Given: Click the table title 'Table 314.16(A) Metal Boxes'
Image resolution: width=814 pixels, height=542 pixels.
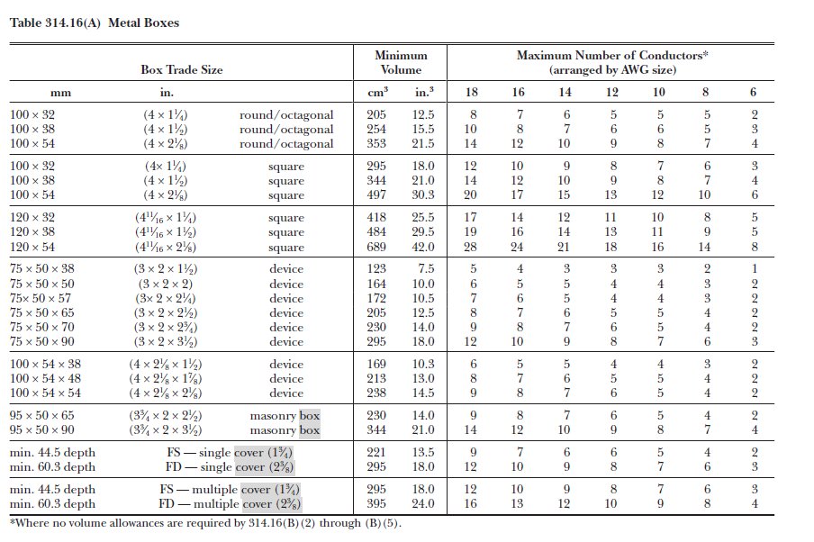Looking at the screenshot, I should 94,23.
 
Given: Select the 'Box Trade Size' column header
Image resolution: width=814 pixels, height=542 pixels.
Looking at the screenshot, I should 181,69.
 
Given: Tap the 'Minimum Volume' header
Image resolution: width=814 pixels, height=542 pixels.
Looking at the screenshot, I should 401,62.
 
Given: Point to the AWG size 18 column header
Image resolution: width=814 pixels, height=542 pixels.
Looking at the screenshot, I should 471,93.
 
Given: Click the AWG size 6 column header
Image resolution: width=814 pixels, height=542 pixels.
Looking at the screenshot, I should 754,93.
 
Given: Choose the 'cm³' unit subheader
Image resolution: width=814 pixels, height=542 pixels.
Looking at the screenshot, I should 377,92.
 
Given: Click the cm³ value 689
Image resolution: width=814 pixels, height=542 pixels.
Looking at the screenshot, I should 376,248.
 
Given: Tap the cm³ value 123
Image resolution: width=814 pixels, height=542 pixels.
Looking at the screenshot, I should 376,269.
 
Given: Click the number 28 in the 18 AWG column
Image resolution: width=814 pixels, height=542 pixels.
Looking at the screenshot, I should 471,248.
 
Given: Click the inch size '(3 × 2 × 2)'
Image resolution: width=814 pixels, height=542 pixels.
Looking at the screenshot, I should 168,284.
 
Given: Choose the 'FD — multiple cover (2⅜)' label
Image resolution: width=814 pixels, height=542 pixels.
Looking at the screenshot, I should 230,504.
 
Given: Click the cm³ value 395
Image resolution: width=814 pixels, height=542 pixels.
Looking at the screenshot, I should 376,504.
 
